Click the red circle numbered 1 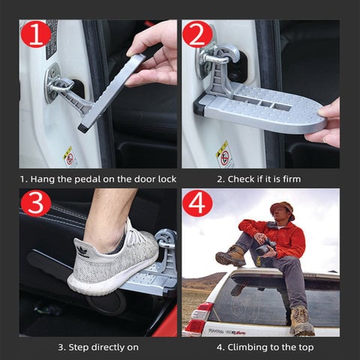click(x=36, y=34)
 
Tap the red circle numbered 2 click(x=197, y=34)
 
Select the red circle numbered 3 click(x=36, y=202)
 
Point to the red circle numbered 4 click(x=197, y=202)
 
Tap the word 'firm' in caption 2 click(x=292, y=179)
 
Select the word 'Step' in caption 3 click(x=79, y=348)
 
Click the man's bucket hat click(x=283, y=209)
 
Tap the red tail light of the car click(x=198, y=318)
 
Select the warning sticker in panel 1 click(x=69, y=157)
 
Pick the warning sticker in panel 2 click(x=224, y=155)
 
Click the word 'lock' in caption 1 click(x=167, y=179)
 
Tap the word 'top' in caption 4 click(x=306, y=348)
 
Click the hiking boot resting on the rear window click(x=302, y=322)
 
